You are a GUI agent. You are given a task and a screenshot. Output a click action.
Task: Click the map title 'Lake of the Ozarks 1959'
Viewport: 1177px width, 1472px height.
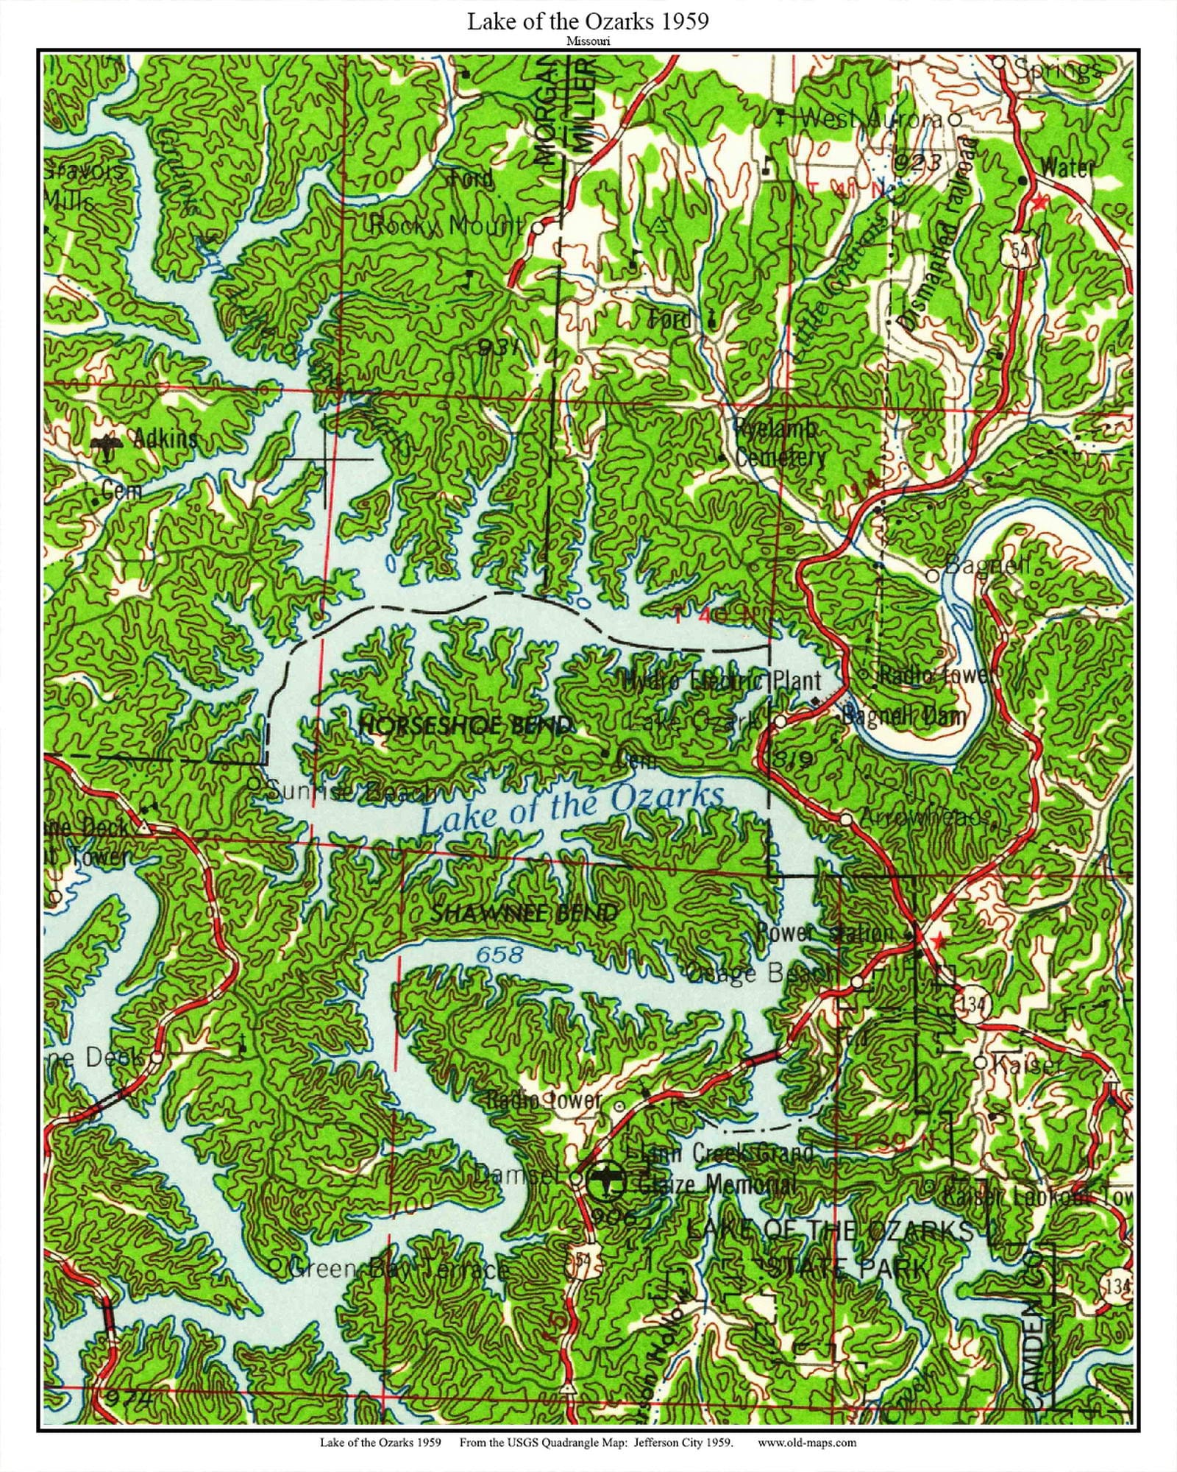coord(588,21)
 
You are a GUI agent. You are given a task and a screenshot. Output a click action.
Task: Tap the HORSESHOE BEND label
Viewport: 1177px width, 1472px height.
coord(465,726)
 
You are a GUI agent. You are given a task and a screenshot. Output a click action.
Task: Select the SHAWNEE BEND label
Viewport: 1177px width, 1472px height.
coord(524,914)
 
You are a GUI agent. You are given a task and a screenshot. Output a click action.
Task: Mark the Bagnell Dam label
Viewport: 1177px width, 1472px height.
coord(903,714)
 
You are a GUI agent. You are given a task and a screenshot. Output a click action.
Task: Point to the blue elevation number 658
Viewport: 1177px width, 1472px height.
coord(499,955)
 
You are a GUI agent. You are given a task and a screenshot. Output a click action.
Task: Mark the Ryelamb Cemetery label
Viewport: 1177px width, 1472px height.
coord(778,444)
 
